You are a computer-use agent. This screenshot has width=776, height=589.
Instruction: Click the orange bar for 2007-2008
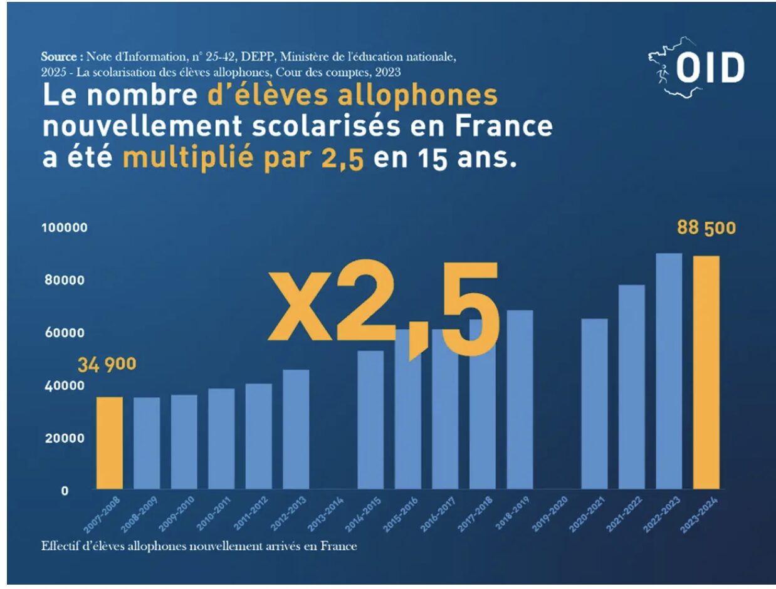tap(109, 442)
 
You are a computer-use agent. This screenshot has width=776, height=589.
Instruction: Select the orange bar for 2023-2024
tap(706, 372)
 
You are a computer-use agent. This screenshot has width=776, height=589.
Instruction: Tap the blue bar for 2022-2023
tap(669, 371)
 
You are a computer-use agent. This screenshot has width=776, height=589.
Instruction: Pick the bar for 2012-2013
tap(296, 429)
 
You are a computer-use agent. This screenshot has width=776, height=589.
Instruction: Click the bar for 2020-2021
tap(594, 404)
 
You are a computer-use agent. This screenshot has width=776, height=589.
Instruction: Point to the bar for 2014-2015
tap(370, 420)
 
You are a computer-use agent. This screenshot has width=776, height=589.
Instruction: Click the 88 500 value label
tap(706, 228)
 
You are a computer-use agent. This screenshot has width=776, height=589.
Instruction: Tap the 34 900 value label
tap(107, 364)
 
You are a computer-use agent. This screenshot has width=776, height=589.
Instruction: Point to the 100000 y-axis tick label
tap(65, 228)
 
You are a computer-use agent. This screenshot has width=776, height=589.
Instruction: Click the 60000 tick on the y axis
tap(65, 333)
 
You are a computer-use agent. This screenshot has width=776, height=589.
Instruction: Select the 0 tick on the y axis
tap(65, 491)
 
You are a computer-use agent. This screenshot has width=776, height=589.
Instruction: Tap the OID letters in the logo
tap(711, 68)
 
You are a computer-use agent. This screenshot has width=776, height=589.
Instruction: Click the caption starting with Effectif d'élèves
tap(199, 546)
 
